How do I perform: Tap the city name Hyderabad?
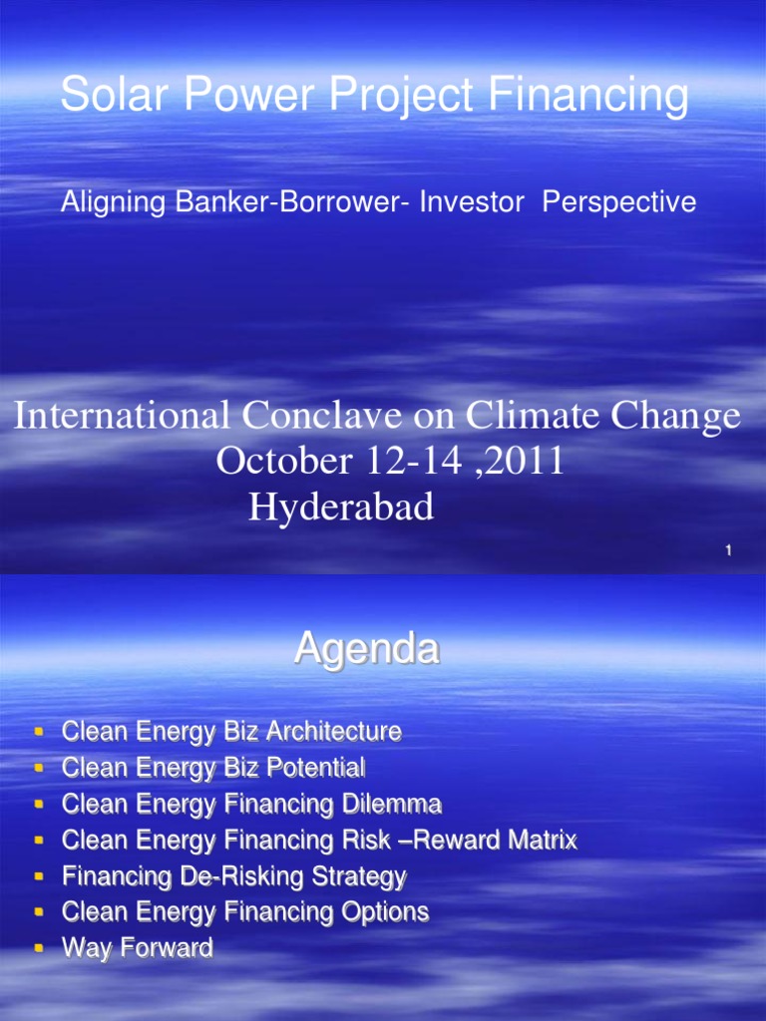tap(341, 508)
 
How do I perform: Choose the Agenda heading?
tap(366, 650)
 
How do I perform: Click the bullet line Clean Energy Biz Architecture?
tap(231, 732)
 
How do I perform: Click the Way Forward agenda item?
tap(138, 948)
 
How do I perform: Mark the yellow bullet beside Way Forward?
tap(39, 948)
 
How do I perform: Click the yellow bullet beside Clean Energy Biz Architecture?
tap(39, 732)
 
